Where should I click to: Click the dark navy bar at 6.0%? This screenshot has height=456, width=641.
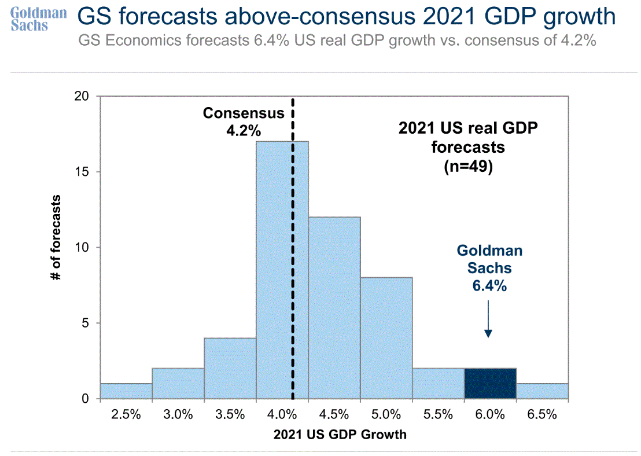pyautogui.click(x=490, y=384)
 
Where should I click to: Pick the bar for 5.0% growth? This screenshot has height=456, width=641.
pyautogui.click(x=386, y=338)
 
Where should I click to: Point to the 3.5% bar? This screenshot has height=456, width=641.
pyautogui.click(x=230, y=368)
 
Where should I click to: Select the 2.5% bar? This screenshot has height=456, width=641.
pyautogui.click(x=126, y=391)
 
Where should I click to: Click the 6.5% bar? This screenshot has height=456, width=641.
pyautogui.click(x=542, y=391)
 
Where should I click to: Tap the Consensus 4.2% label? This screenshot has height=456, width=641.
pyautogui.click(x=244, y=122)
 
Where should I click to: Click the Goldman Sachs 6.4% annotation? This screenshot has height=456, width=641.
pyautogui.click(x=489, y=268)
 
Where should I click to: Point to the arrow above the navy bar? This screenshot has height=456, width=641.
pyautogui.click(x=488, y=318)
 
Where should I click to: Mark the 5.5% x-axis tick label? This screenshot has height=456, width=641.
pyautogui.click(x=438, y=414)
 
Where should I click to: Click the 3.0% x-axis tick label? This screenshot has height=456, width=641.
pyautogui.click(x=178, y=414)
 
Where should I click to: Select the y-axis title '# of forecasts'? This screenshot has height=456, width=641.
pyautogui.click(x=56, y=237)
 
